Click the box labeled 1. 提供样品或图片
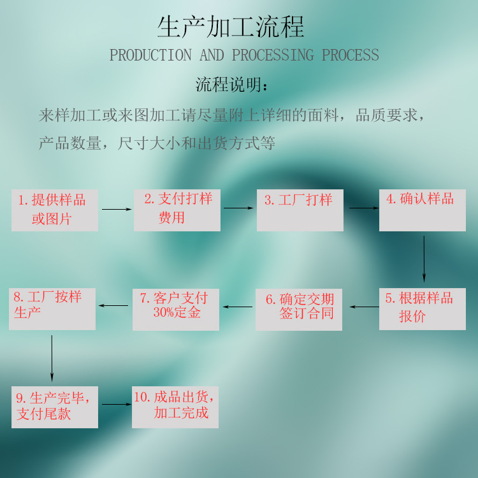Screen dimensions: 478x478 [x=55, y=210]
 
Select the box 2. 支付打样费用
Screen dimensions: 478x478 [x=177, y=210]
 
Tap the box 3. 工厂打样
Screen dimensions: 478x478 [x=300, y=210]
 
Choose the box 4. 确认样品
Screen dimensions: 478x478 [x=423, y=210]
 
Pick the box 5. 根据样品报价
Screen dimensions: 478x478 [x=423, y=309]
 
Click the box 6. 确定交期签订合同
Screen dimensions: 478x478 [x=299, y=310]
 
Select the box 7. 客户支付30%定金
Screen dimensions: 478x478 [x=176, y=310]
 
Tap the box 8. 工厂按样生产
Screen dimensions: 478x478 [x=52, y=309]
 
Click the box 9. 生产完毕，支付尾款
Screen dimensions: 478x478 [x=55, y=407]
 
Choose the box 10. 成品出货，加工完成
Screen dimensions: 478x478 [x=175, y=407]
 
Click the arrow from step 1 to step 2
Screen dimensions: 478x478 [x=117, y=210]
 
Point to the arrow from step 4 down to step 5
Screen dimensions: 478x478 [x=424, y=259]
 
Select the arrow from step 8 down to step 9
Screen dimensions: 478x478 [x=52, y=358]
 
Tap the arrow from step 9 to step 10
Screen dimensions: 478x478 [x=117, y=405]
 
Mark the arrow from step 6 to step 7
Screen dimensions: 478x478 [x=238, y=307]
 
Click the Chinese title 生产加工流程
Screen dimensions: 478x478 [x=231, y=27]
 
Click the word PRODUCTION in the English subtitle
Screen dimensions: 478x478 [x=150, y=55]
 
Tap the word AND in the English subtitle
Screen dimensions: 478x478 [x=212, y=55]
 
